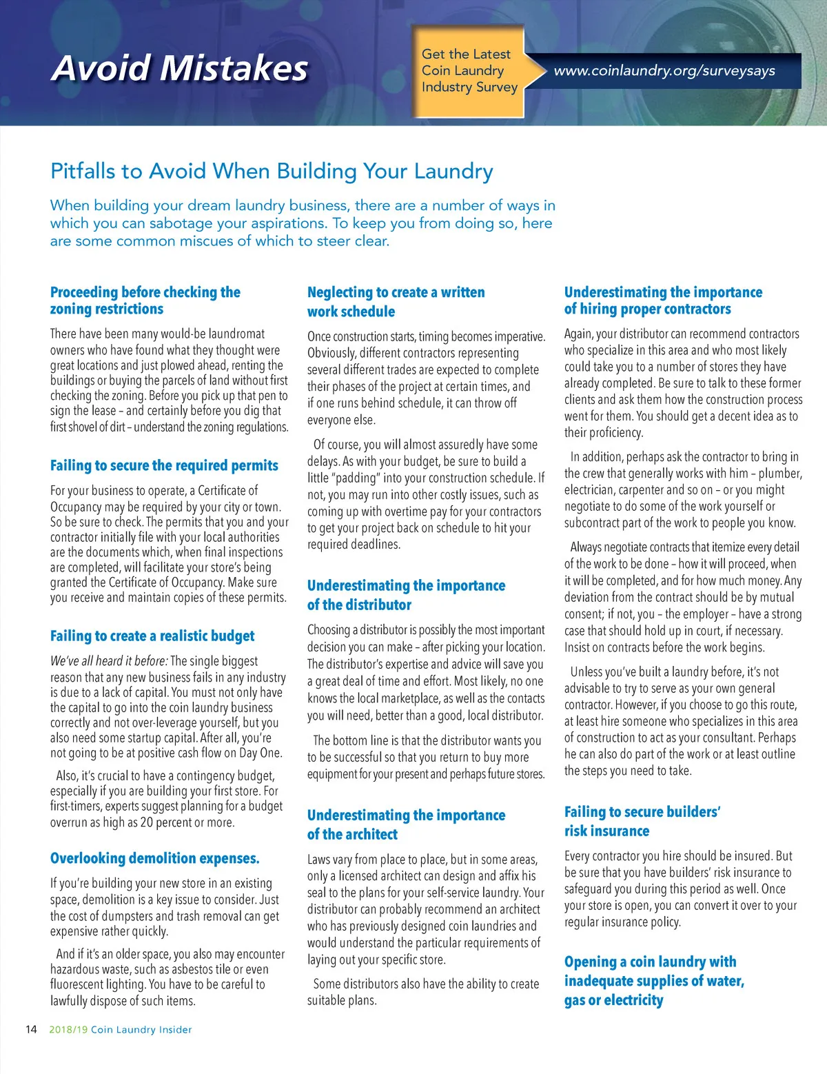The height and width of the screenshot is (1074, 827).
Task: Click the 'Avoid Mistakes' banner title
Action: [x=179, y=68]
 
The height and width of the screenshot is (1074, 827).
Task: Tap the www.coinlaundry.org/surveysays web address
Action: [x=664, y=71]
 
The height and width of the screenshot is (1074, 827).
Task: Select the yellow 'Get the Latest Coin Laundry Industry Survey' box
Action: [x=469, y=71]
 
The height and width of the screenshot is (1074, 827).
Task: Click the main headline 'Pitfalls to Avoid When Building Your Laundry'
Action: [x=272, y=171]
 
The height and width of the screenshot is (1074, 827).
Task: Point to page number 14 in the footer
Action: [x=31, y=1029]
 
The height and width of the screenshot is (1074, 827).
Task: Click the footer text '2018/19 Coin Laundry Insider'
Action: [x=121, y=1029]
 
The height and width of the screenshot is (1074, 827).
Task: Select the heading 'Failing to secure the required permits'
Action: [x=164, y=465]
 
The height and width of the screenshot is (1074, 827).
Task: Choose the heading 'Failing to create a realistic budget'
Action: [x=152, y=636]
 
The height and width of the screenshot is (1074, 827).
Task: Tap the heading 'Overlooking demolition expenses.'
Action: [x=155, y=858]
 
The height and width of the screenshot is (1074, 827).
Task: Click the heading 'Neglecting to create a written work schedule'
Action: [x=396, y=301]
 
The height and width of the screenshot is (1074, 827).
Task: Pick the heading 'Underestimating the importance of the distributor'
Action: [x=406, y=594]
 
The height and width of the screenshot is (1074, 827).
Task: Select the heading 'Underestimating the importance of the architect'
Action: [x=406, y=824]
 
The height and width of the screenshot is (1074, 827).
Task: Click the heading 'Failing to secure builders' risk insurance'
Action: [x=642, y=821]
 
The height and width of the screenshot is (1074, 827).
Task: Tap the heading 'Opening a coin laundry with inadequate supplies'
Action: [x=653, y=980]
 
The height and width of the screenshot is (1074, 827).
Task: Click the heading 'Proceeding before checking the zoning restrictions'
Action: [x=145, y=301]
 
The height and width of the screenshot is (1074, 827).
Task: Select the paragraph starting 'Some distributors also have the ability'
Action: [x=422, y=992]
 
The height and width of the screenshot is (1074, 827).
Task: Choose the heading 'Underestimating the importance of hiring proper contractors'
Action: [x=663, y=301]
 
